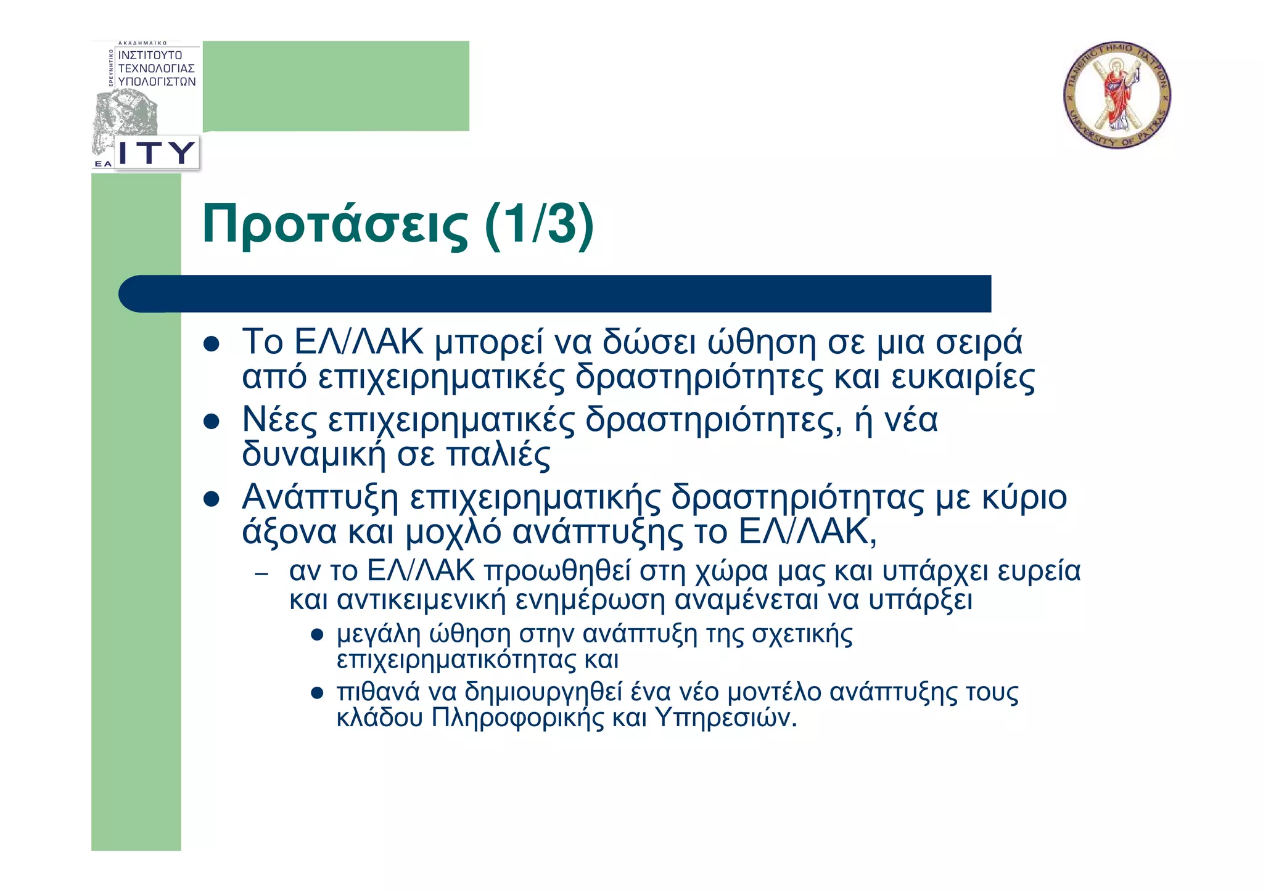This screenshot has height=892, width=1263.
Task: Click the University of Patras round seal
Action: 1117,96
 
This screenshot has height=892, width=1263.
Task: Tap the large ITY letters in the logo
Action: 156,152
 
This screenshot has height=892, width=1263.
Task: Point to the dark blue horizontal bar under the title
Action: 555,293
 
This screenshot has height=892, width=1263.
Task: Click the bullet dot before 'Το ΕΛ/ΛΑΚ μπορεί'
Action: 212,344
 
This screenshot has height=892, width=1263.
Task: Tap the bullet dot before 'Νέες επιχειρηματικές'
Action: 212,422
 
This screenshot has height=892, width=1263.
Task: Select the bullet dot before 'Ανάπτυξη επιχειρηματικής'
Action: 212,499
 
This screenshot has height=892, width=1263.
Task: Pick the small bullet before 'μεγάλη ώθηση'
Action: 318,635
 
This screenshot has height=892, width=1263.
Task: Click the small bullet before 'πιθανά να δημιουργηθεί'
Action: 318,694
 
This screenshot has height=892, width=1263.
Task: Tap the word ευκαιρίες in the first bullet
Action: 963,378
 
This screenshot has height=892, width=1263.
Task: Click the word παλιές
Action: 498,456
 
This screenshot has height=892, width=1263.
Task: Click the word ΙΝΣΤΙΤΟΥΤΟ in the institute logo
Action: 150,55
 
